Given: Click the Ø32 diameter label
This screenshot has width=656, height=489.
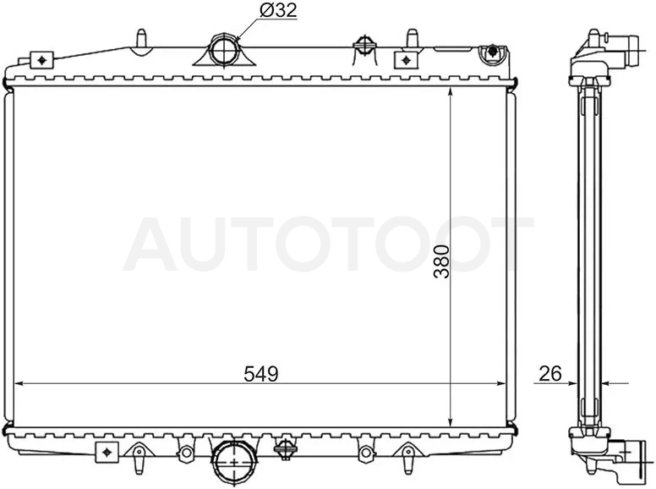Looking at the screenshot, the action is coord(278,10).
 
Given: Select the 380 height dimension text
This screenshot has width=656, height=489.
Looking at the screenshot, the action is coord(441,261).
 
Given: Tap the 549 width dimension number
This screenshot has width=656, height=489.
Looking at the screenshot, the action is coord(261,374).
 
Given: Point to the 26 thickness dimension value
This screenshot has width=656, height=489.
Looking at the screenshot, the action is coord(550,374).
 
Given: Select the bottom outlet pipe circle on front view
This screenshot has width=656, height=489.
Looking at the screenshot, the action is coord(234,461).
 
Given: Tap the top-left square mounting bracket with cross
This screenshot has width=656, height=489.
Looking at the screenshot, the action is coord(41,60).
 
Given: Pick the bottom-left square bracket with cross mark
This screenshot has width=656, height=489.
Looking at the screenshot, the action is coord(107,452).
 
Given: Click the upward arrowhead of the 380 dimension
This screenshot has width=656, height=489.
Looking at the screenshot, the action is coord(451,93).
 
